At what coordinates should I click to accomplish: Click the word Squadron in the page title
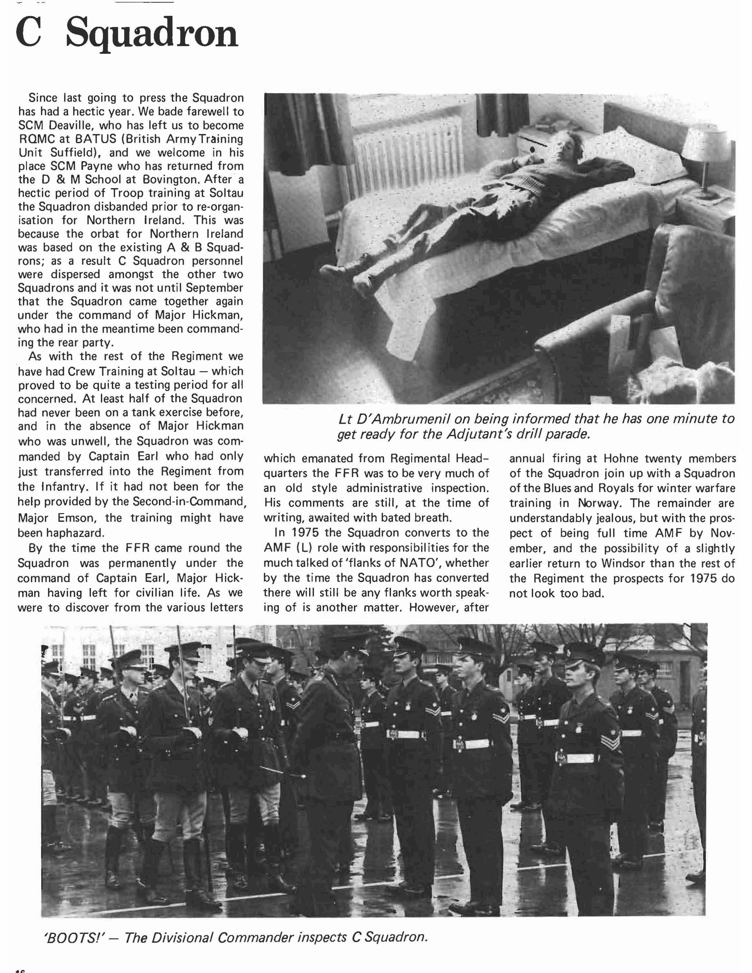tap(151, 35)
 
